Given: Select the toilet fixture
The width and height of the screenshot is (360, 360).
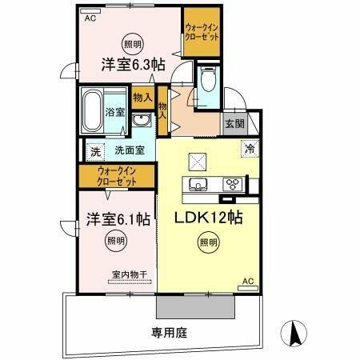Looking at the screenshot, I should tap(209, 80).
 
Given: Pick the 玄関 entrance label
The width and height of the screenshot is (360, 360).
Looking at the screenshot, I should tap(234, 123).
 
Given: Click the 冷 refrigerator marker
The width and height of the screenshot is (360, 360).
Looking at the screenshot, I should tap(250, 148).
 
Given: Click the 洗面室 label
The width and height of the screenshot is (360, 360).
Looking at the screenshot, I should tap(129, 150).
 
